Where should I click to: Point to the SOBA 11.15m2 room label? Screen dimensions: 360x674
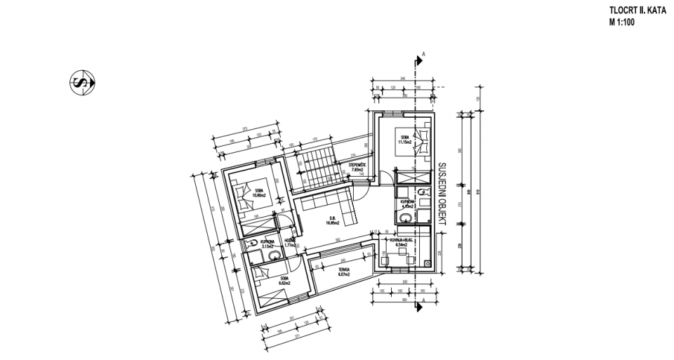coord(405,140)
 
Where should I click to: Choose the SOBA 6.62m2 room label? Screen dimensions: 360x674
coord(284,279)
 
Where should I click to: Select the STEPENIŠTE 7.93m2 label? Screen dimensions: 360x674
coord(356,167)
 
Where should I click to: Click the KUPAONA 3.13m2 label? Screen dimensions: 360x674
coord(266,245)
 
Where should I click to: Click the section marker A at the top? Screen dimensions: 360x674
coord(423,54)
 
